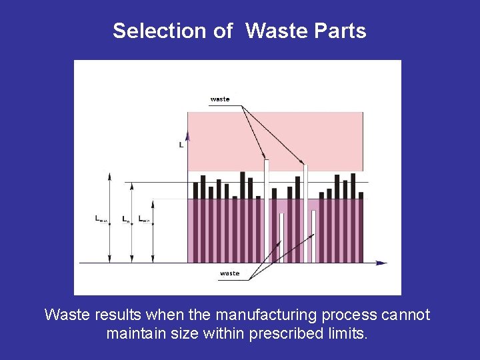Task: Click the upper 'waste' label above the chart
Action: pyautogui.click(x=220, y=99)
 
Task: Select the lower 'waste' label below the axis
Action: pyautogui.click(x=229, y=273)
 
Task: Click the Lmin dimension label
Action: pyautogui.click(x=145, y=218)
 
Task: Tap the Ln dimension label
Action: pyautogui.click(x=126, y=218)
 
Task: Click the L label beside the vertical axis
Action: pyautogui.click(x=181, y=144)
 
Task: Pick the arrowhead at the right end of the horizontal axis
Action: pyautogui.click(x=381, y=263)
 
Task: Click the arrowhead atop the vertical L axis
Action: pyautogui.click(x=188, y=135)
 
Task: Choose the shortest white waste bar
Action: pyautogui.click(x=281, y=237)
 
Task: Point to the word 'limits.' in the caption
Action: pyautogui.click(x=351, y=333)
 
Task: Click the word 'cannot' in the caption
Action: pyautogui.click(x=406, y=315)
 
